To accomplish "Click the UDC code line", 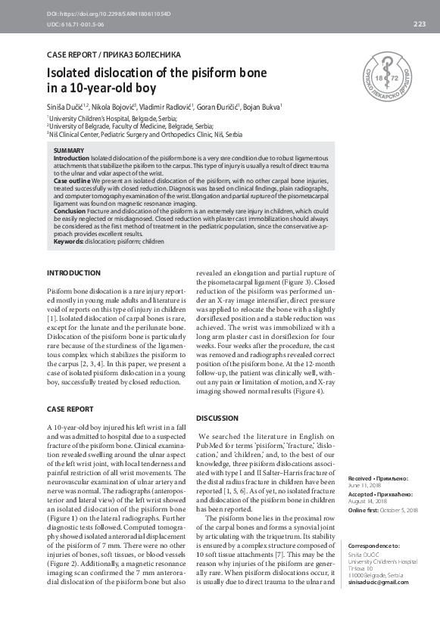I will coord(76,24).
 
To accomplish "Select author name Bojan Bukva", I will coord(263,107).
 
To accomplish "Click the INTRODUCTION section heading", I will coord(73,272).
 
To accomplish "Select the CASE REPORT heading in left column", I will coord(70,409).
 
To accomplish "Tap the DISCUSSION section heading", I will coord(218,418).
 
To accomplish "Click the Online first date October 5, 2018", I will coord(398,510).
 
